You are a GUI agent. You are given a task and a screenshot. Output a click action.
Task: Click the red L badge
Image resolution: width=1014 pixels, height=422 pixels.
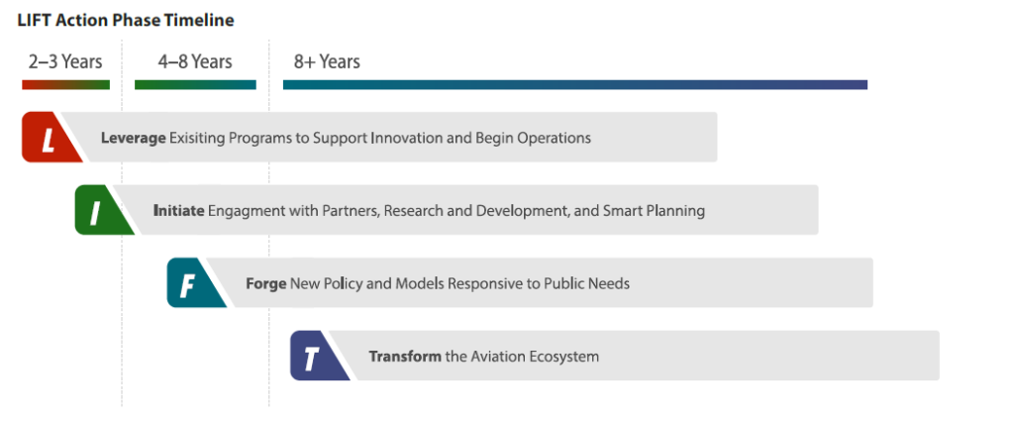50,138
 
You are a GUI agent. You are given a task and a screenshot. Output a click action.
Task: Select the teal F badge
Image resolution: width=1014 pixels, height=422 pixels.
194,283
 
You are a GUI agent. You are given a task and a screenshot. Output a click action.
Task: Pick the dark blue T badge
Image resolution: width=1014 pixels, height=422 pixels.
317,356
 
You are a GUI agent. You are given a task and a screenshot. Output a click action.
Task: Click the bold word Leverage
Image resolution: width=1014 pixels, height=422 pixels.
134,139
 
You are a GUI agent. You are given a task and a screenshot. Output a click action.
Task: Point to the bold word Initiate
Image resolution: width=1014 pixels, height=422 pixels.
179,210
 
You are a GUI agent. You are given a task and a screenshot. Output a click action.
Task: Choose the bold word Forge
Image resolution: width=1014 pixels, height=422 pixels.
265,284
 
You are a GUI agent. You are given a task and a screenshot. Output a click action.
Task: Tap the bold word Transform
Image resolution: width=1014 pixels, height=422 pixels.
405,357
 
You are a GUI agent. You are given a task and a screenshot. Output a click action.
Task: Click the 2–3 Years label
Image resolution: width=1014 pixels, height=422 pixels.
65,62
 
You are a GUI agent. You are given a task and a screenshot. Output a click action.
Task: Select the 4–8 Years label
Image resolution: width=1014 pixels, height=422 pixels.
195,62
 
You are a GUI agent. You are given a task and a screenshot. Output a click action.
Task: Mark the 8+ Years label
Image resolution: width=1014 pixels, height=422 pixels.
327,62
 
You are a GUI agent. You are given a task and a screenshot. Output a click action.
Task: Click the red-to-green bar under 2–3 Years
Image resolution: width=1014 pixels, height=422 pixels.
66,85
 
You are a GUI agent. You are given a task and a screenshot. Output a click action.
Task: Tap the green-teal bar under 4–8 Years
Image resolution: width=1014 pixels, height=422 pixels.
195,85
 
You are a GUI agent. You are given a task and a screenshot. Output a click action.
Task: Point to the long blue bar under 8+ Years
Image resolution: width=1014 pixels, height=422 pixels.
575,85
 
